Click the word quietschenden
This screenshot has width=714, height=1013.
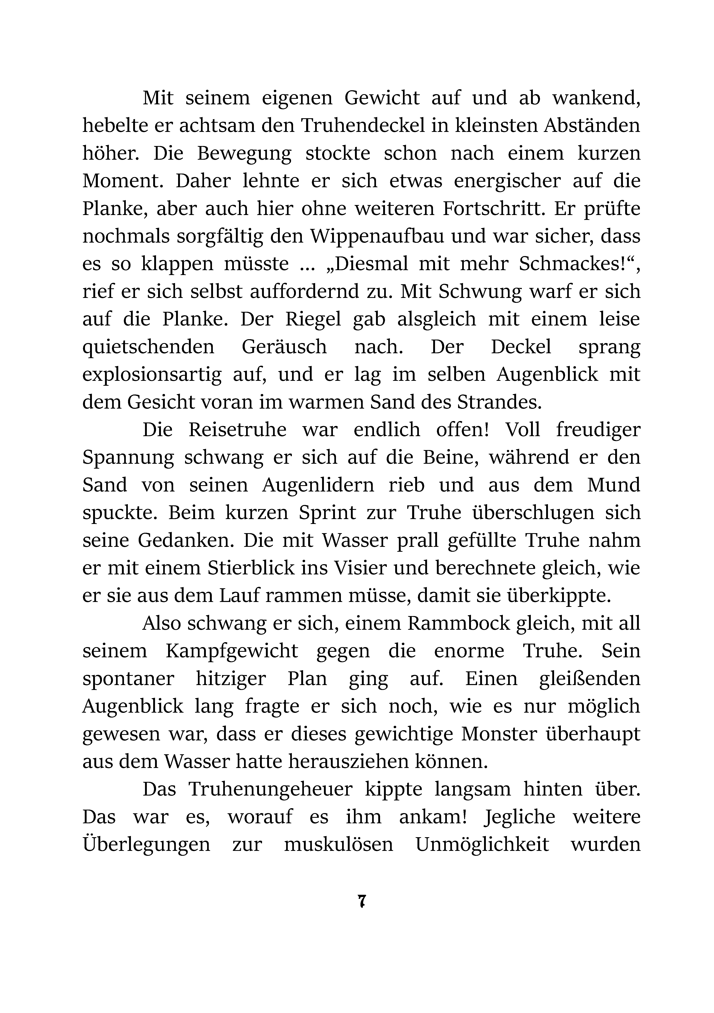tap(148, 347)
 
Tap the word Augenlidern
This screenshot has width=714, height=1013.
tap(318, 485)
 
